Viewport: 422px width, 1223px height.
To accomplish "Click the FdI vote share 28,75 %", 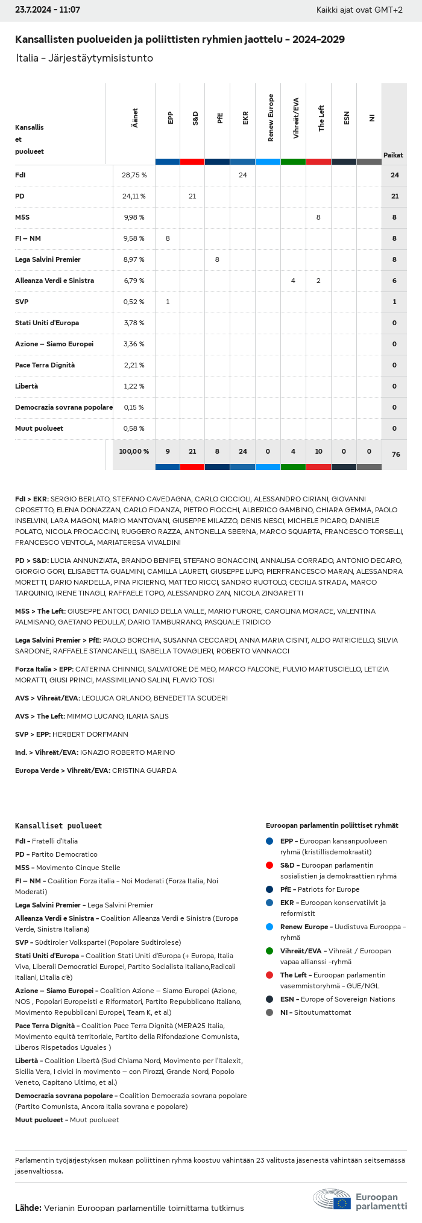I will (134, 175).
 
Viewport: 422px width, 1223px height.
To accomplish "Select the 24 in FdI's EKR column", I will (242, 175).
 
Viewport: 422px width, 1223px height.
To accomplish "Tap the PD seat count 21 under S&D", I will (192, 196).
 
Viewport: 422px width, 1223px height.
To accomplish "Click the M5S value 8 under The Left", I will (318, 217).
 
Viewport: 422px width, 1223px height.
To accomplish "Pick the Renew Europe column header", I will (271, 118).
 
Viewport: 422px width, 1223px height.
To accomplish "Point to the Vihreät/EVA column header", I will (295, 118).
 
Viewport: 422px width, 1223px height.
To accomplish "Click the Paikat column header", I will (393, 155).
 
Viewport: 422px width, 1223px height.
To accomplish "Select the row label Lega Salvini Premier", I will (48, 259).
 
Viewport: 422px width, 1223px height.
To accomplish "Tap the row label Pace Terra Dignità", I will (45, 365).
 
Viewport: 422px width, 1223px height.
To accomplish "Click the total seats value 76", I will (395, 454).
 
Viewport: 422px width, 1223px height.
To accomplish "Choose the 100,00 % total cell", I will (134, 451).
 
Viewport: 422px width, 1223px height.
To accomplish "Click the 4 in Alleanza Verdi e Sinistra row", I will (293, 281).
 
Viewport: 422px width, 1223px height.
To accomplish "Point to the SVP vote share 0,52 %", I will (134, 302).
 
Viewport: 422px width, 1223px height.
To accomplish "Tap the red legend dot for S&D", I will (269, 865).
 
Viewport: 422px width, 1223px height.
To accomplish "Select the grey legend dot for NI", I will (269, 1012).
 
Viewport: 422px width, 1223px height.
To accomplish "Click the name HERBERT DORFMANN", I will (90, 734).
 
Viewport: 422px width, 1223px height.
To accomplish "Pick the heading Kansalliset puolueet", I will (58, 825).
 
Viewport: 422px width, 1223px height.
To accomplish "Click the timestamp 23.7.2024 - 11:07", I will (48, 10).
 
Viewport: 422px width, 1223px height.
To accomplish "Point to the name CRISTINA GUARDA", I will (144, 770).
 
